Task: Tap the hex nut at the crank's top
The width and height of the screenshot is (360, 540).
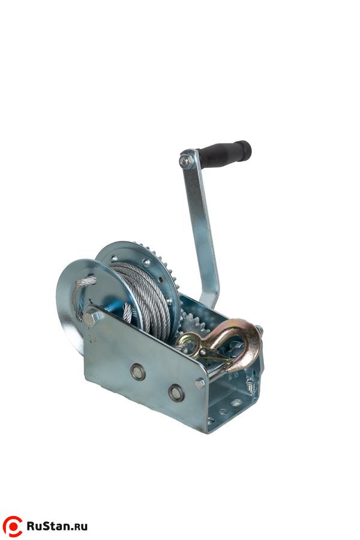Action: click(x=185, y=160)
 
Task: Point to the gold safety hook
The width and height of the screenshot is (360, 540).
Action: click(x=227, y=344)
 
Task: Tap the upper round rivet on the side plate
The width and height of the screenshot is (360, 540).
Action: click(x=137, y=372)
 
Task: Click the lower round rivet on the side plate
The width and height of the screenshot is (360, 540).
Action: click(x=176, y=392)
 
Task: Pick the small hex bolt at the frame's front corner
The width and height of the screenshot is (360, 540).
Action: click(x=200, y=383)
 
